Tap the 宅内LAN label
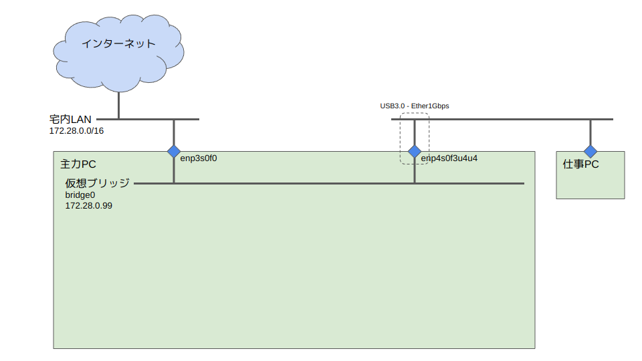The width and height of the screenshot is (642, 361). point(70,119)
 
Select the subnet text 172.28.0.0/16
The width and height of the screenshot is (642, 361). point(76,130)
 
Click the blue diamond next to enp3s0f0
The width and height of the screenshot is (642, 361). point(174,151)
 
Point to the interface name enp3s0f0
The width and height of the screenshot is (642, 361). point(199,158)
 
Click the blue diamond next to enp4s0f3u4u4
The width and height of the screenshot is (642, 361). point(415,151)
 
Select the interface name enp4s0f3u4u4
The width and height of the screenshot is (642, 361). point(449,158)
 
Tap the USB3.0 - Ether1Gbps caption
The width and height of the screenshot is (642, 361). point(415,106)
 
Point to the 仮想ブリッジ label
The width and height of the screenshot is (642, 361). point(97,183)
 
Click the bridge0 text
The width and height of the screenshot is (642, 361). point(80,195)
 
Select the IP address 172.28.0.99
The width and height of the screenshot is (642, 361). point(88,206)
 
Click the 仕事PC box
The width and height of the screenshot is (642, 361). point(591,180)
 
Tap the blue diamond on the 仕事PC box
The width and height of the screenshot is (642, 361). point(591,151)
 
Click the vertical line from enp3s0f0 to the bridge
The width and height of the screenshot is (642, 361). point(174,170)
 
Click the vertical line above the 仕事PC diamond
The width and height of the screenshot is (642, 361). point(591,132)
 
